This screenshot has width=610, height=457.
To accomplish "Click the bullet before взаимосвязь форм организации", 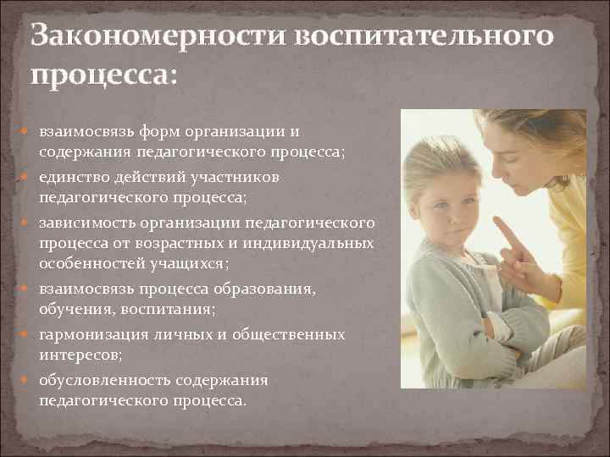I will pyautogui.click(x=29, y=132).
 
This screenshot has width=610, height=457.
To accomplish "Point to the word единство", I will pyautogui.click(x=74, y=178).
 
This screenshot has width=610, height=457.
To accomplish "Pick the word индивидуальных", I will pyautogui.click(x=312, y=243).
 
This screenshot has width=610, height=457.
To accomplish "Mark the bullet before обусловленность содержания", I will pyautogui.click(x=29, y=380).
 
